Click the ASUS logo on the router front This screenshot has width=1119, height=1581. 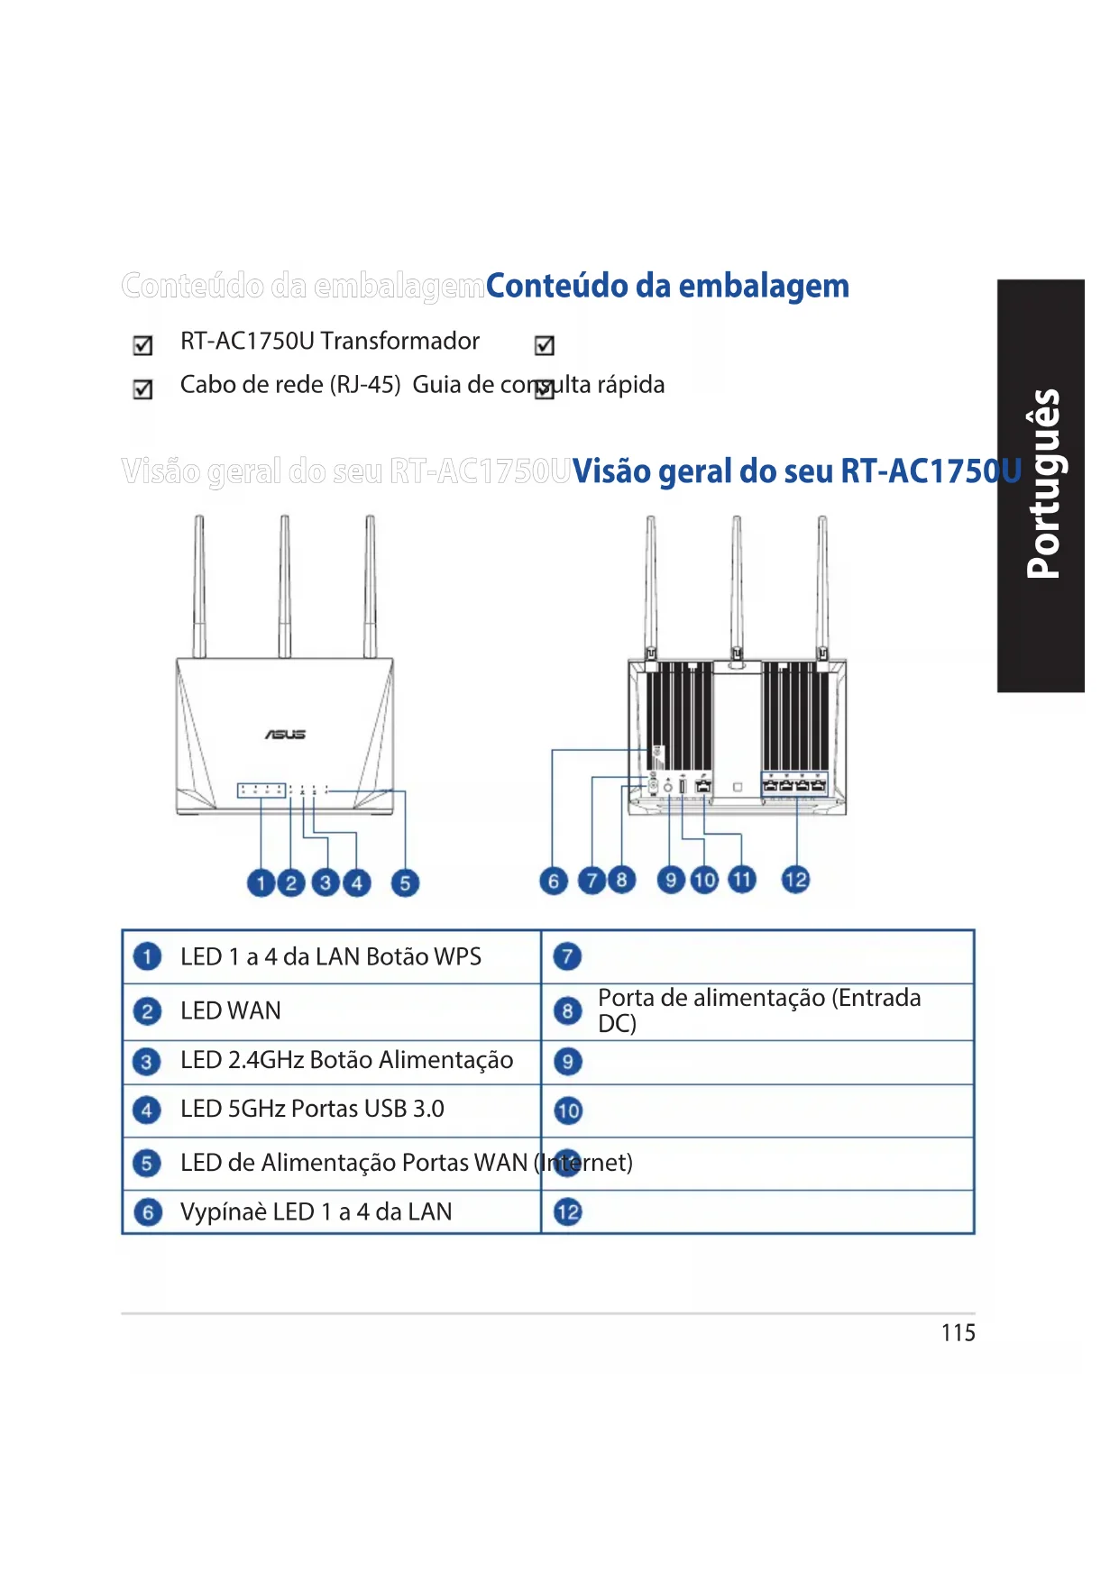pos(285,735)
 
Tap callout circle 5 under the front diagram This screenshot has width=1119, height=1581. pos(405,883)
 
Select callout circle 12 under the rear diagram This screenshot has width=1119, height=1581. pos(795,880)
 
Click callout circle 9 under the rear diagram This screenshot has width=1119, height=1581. pos(670,880)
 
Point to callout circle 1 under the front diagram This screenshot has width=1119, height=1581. pos(261,883)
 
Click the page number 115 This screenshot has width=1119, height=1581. pos(958,1333)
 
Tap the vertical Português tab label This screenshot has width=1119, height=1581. pos(1042,484)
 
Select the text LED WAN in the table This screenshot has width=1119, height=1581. pos(231,1010)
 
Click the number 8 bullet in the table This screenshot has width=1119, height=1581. pos(567,1010)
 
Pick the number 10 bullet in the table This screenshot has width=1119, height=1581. pos(568,1110)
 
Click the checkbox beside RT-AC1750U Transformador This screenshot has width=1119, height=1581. pos(142,345)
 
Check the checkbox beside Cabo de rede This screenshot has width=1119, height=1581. pos(142,388)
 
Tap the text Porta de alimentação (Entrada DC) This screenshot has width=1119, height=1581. pos(759,1010)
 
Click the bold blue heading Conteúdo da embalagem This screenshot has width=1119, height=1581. pos(667,286)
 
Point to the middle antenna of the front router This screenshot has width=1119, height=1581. pos(285,586)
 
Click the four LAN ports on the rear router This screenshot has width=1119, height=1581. pos(794,786)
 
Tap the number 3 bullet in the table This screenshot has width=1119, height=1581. pos(147,1061)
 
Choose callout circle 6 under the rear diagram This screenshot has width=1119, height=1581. pos(554,881)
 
